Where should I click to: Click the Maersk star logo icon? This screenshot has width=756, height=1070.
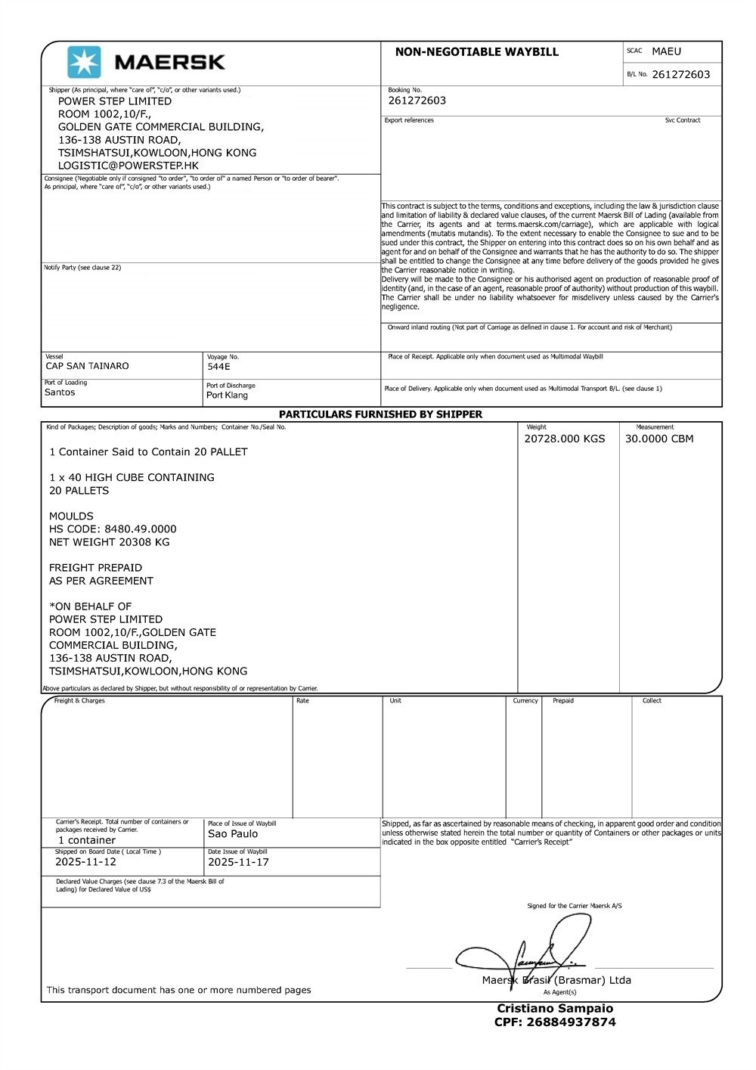[84, 62]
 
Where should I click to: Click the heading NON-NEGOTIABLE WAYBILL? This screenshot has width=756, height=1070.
[476, 52]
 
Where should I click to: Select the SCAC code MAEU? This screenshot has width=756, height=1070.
[666, 51]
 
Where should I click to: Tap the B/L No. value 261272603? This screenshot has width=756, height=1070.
[680, 74]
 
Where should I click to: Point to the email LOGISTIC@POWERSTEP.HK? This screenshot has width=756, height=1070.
[129, 166]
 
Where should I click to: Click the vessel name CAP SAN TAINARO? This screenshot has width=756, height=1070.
[87, 366]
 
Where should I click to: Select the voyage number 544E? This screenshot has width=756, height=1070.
[218, 367]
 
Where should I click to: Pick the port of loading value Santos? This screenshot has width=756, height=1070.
[60, 392]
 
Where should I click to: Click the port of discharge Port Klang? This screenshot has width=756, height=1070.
[227, 395]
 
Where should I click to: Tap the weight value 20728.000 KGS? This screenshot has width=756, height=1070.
[564, 439]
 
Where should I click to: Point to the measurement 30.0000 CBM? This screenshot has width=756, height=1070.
[658, 439]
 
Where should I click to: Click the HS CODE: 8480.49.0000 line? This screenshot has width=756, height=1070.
[113, 529]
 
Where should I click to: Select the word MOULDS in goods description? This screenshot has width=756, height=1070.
[71, 516]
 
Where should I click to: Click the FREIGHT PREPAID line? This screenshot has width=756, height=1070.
[95, 568]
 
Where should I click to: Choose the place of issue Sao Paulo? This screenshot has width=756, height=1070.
[233, 834]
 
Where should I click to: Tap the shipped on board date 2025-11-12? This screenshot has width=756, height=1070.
[85, 862]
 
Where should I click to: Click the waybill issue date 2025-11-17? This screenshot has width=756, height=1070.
[238, 862]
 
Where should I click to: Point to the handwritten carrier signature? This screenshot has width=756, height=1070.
[529, 953]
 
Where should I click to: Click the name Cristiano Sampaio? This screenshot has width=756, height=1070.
[555, 1009]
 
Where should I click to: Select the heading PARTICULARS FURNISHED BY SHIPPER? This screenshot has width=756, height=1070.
[380, 414]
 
